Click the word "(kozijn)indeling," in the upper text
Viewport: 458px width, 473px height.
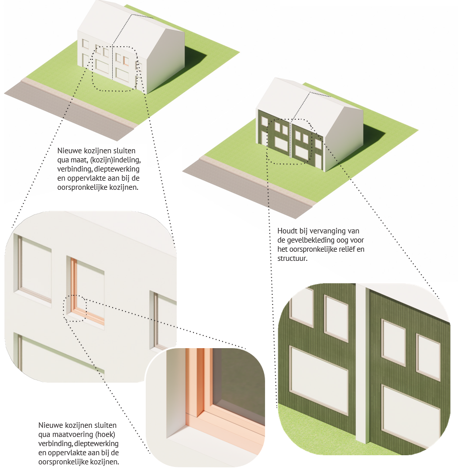(115, 160)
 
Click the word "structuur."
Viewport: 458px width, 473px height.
(292, 258)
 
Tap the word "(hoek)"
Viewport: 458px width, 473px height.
(106, 435)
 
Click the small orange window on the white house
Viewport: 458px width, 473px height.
(126, 61)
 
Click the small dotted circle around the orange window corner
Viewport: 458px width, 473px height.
(75, 308)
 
